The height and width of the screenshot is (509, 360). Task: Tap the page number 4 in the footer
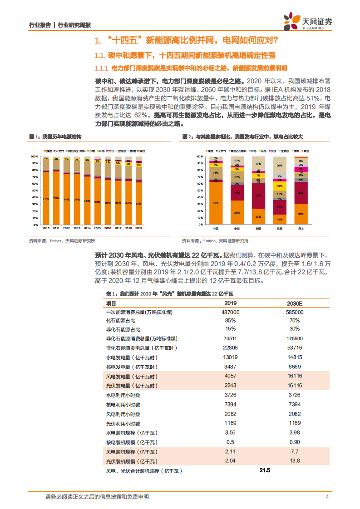(x=327, y=497)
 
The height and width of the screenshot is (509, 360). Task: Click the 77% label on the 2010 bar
(x=45, y=199)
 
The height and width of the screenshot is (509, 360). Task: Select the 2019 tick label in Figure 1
(x=138, y=228)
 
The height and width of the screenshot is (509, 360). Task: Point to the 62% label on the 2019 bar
(x=138, y=203)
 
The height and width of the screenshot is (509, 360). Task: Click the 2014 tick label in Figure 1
(x=86, y=228)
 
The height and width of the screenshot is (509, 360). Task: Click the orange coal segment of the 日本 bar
(x=301, y=213)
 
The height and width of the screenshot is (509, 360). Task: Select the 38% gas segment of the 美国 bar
(x=258, y=196)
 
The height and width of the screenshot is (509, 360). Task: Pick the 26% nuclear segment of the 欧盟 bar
(x=279, y=166)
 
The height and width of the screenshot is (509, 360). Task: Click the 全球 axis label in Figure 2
(x=237, y=228)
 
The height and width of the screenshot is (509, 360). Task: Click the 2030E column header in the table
(x=295, y=303)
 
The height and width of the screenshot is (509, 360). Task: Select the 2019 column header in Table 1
(x=231, y=303)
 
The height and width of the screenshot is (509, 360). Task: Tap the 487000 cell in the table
(x=231, y=313)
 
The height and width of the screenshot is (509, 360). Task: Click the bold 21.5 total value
(x=265, y=471)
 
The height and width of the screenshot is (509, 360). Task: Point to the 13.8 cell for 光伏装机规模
(x=295, y=460)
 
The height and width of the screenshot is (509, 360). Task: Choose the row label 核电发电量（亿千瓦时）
(x=131, y=367)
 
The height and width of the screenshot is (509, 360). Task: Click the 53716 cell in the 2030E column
(x=295, y=347)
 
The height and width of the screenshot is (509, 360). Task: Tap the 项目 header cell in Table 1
(x=111, y=303)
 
